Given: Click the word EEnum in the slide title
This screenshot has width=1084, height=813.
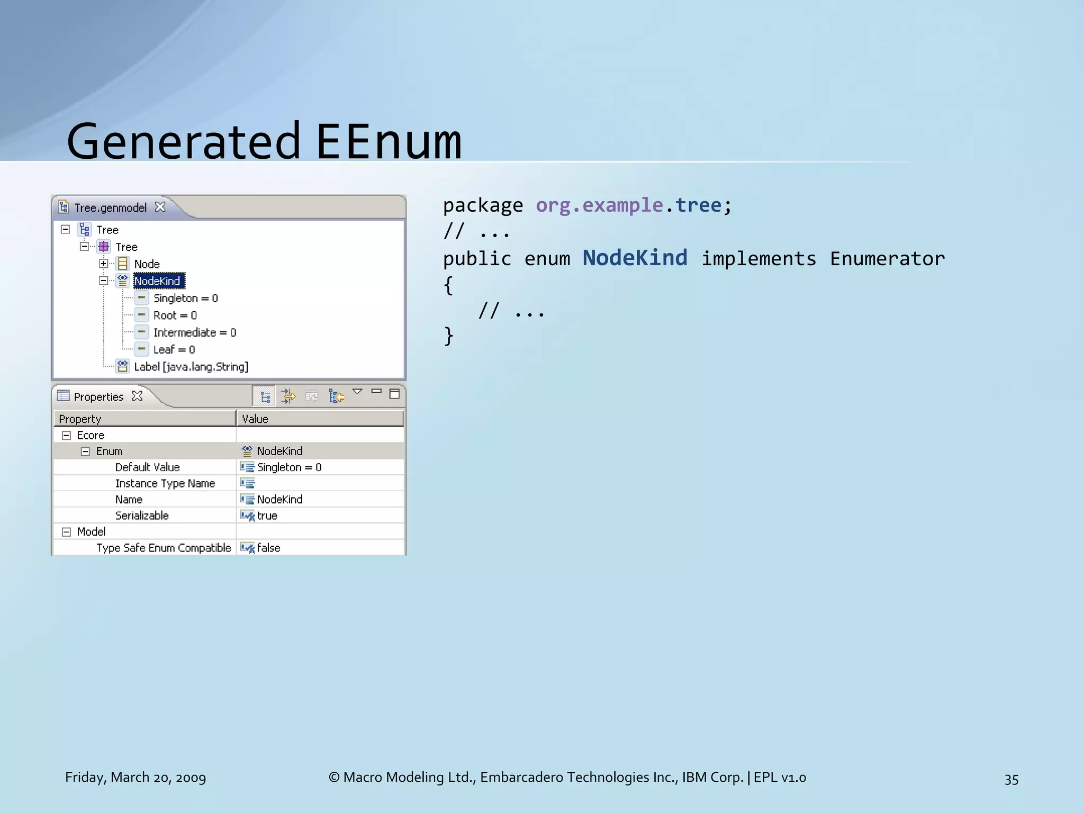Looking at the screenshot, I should click(x=389, y=141).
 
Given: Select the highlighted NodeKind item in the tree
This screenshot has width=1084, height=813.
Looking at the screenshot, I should click(x=157, y=281).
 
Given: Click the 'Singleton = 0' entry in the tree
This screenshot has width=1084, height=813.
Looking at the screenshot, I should click(x=185, y=299).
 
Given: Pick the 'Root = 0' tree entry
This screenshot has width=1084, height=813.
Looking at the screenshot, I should click(x=175, y=315).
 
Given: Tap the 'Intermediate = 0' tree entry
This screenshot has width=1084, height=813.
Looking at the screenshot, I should click(x=194, y=332).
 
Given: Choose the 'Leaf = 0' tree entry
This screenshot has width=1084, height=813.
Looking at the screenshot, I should click(x=174, y=349).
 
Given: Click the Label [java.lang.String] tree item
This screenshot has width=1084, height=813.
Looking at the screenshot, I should click(x=191, y=367).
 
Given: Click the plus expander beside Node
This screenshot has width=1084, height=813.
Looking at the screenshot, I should click(x=104, y=264).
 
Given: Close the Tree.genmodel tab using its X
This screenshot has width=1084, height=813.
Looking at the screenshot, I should click(x=160, y=207).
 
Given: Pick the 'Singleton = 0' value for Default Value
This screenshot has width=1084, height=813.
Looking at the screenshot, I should click(x=289, y=467).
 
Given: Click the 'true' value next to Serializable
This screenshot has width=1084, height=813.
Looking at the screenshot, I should click(x=267, y=516).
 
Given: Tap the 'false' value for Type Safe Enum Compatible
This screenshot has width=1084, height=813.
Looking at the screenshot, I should click(x=268, y=548).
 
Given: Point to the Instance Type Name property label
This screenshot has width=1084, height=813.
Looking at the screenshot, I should click(x=165, y=483).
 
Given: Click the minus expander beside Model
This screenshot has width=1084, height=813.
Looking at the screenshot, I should click(x=66, y=532).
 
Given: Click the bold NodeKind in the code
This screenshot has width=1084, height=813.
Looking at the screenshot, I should click(x=635, y=258).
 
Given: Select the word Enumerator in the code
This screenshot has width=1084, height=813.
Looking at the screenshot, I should click(x=887, y=259).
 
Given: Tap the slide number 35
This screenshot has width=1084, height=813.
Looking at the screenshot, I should click(x=1011, y=779).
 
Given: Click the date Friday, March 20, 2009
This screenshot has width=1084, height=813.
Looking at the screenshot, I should click(x=135, y=777).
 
